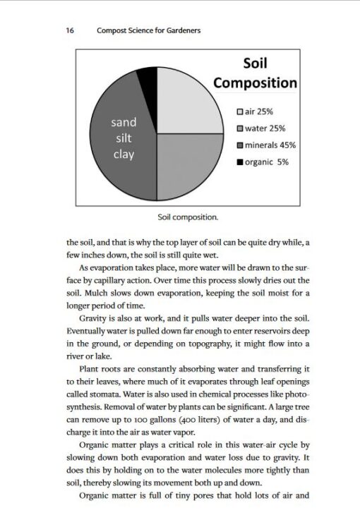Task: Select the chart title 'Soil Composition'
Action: (x=255, y=73)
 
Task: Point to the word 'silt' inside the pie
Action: (x=124, y=138)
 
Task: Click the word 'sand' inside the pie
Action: (x=124, y=122)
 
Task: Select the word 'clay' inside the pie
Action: (x=124, y=155)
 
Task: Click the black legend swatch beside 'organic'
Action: (x=240, y=162)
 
